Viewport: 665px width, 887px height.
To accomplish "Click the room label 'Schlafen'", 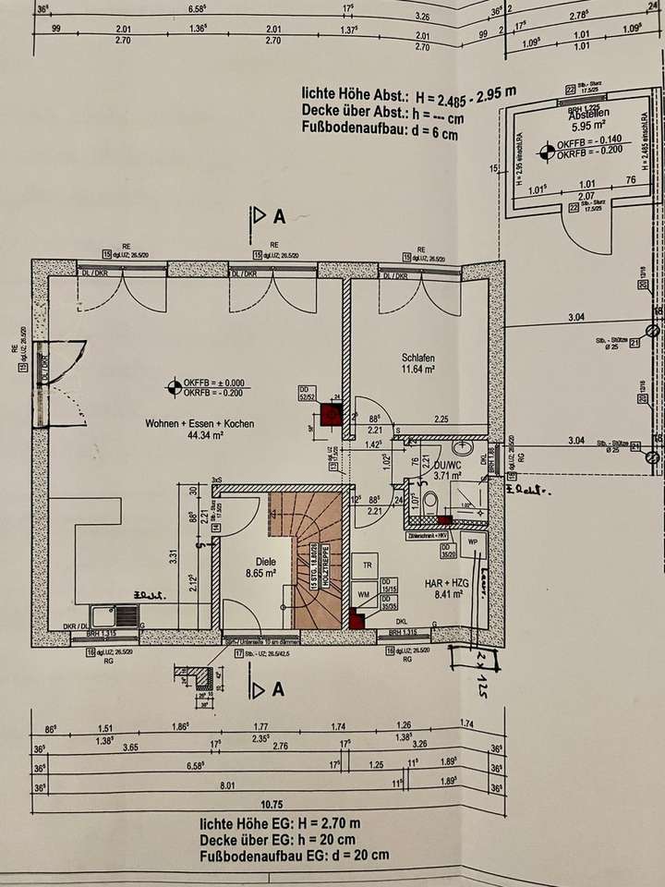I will [x=417, y=357].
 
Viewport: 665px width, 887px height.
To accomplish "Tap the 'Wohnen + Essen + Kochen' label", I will [x=199, y=423].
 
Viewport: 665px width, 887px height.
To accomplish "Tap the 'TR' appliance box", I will [x=368, y=565].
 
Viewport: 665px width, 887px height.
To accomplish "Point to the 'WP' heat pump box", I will [x=472, y=541].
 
